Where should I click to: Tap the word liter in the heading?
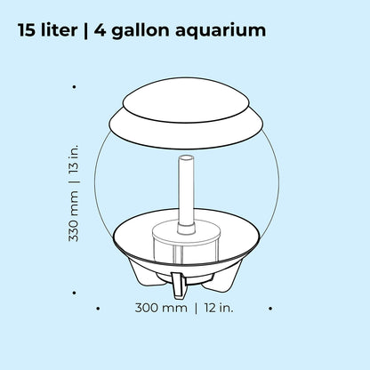[x=68, y=31]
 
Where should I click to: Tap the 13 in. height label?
[x=76, y=150]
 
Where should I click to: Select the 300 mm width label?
[x=160, y=309]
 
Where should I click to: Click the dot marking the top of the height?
[x=73, y=86]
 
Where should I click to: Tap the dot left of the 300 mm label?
[x=97, y=310]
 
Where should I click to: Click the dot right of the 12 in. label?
[x=270, y=310]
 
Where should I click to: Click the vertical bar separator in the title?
[x=100, y=32]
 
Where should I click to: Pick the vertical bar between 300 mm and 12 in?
[x=196, y=309]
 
